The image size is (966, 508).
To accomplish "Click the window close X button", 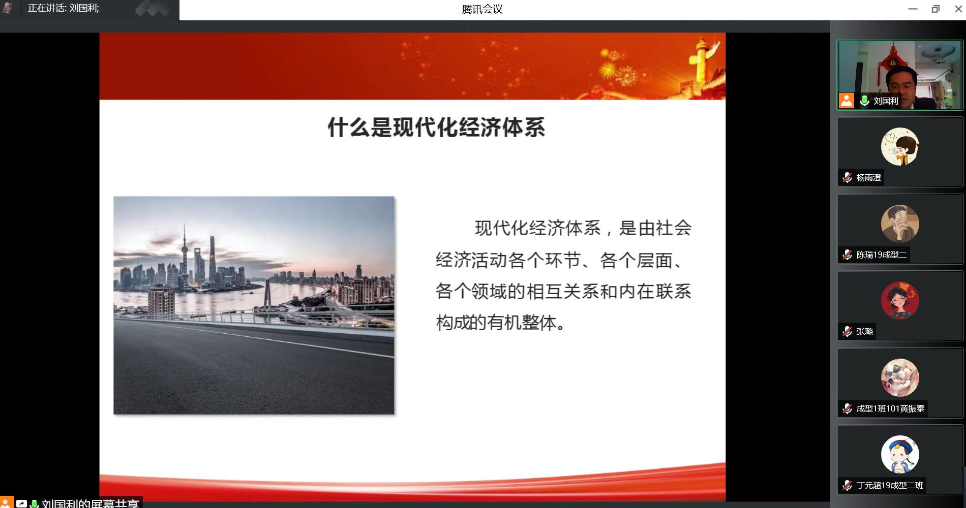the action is click(x=958, y=9).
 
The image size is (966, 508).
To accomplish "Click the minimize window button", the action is click(x=913, y=9).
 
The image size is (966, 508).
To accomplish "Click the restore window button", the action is click(x=935, y=9).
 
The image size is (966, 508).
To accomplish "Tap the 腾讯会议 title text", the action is click(x=482, y=9).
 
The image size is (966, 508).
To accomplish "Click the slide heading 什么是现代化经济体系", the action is click(x=436, y=127).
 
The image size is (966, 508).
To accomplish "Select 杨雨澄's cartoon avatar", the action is click(x=900, y=146).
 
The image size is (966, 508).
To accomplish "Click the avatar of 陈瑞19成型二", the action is click(x=900, y=224).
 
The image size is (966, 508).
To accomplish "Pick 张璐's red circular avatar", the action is click(x=900, y=300).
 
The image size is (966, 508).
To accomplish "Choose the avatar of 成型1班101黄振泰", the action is click(x=900, y=377).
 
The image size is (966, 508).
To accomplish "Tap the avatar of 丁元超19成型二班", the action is click(x=900, y=454).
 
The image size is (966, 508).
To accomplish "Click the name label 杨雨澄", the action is click(x=868, y=178).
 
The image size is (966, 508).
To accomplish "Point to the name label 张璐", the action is click(x=864, y=332).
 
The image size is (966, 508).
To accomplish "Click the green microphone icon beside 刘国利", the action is click(x=864, y=101).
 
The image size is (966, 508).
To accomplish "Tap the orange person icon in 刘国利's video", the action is click(x=847, y=101).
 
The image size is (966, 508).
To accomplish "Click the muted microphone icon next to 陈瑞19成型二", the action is click(x=847, y=255).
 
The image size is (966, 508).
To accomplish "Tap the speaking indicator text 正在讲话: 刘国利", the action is click(x=64, y=9).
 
